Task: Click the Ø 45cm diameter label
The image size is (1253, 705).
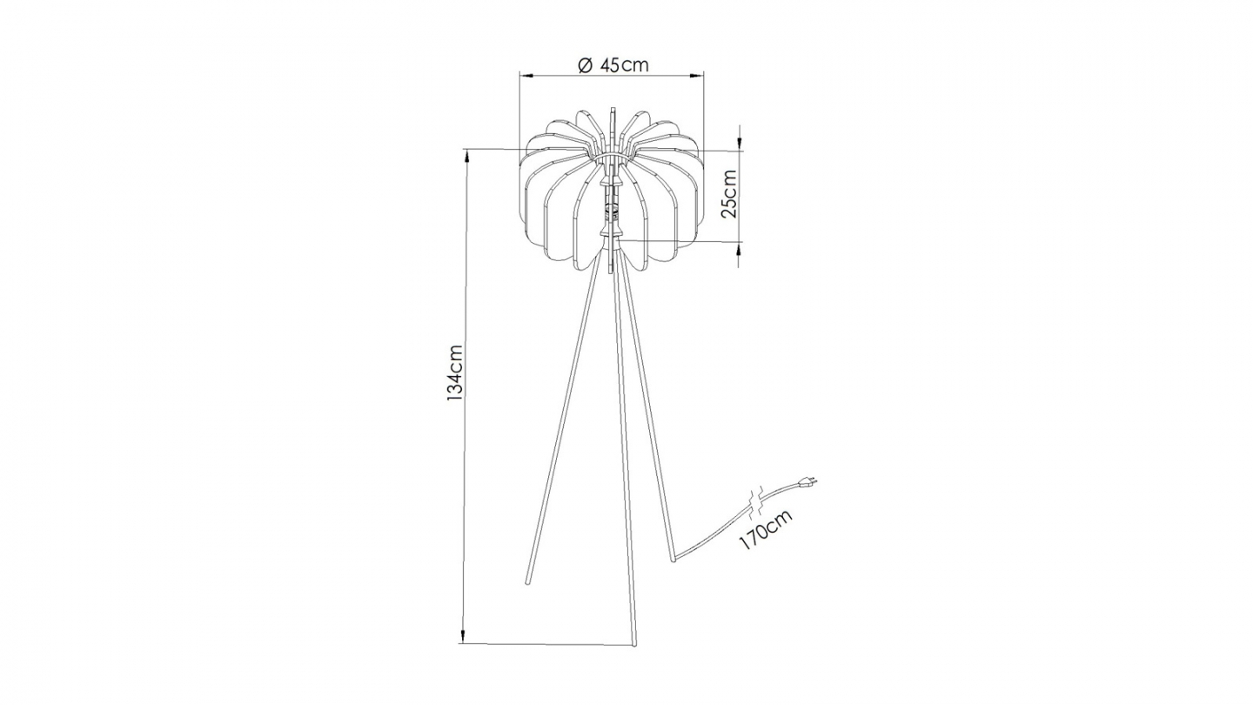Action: pos(613,65)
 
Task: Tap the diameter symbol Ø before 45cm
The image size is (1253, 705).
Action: pos(585,65)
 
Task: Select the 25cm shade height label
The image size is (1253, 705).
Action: pos(729,193)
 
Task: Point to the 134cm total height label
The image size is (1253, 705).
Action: pos(453,373)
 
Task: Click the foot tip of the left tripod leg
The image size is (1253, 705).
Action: pos(527,581)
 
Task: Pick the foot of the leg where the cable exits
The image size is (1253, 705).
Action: pos(673,558)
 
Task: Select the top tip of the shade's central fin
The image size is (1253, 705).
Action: pos(613,111)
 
